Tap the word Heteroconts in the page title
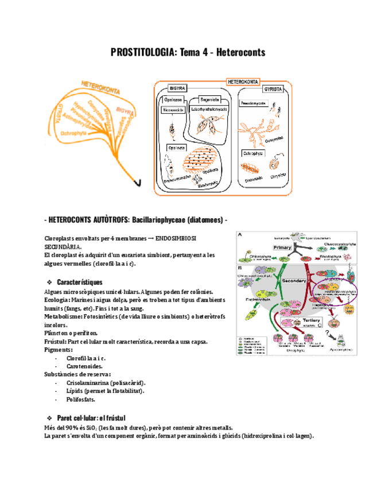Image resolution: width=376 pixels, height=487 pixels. [241, 53]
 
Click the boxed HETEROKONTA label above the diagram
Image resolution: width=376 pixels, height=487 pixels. [243, 82]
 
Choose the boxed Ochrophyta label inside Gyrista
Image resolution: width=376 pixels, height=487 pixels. [253, 153]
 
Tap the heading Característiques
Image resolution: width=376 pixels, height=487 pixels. [80, 282]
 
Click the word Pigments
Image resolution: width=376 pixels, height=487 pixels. [58, 350]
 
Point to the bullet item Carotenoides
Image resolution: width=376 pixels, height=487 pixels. [84, 366]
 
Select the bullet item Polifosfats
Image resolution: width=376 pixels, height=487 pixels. [80, 399]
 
